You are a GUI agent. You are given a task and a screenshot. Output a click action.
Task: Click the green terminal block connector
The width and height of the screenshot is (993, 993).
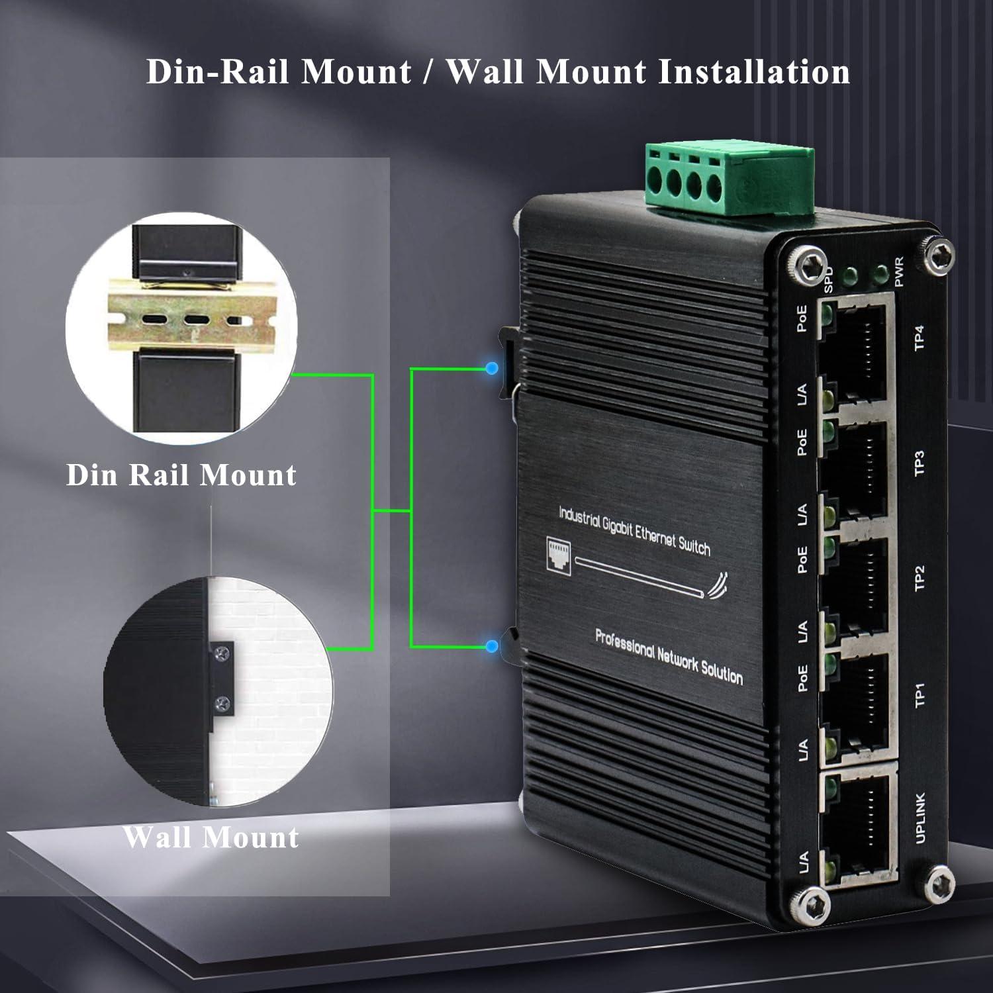730,179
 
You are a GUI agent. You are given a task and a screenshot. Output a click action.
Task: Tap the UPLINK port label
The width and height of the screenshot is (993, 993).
920,818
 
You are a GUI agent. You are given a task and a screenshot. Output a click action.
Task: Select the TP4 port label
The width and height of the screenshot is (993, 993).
919,338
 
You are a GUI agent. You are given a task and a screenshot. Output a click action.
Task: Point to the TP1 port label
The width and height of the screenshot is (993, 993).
920,695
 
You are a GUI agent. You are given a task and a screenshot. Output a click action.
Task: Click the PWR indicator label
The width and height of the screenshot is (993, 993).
899,272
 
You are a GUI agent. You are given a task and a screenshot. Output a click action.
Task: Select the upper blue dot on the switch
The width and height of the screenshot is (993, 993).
491,368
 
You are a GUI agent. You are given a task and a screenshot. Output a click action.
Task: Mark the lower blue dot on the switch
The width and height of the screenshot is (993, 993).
491,646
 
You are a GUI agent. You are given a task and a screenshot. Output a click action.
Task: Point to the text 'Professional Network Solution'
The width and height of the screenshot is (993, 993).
669,657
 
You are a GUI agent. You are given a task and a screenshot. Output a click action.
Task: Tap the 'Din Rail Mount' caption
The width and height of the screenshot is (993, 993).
181,475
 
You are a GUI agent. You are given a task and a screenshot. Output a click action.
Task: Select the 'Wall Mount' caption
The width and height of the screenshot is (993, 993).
211,837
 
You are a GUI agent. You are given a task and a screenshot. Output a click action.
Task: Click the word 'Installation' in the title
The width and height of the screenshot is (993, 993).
754,71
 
